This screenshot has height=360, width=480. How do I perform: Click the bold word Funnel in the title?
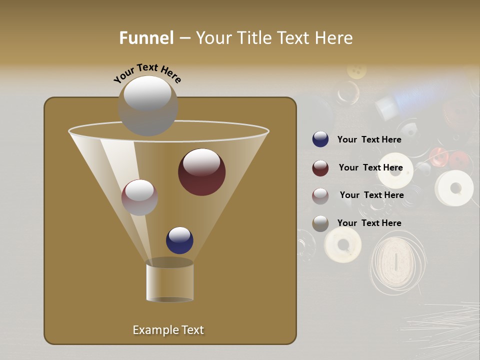[x=146, y=38]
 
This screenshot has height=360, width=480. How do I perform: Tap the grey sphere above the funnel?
[x=147, y=105]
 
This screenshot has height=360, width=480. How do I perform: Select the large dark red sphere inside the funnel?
[x=201, y=171]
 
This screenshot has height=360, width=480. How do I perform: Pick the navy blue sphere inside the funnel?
[x=179, y=240]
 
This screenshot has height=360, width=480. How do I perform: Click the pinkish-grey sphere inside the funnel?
[x=139, y=197]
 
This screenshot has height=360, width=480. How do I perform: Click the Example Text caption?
[x=168, y=330]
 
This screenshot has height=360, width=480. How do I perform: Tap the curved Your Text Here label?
[x=147, y=73]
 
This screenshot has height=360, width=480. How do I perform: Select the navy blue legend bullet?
[x=320, y=139]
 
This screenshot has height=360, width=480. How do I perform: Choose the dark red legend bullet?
[x=320, y=168]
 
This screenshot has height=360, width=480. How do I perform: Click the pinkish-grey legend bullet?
[x=320, y=196]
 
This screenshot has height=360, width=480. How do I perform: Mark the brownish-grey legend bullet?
[x=320, y=223]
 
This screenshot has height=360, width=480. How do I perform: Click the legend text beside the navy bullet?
[x=369, y=139]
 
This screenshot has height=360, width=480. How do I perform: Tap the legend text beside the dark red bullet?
[x=370, y=167]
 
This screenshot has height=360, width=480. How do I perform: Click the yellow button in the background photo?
[x=356, y=70]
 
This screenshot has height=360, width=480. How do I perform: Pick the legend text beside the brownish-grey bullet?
[x=369, y=223]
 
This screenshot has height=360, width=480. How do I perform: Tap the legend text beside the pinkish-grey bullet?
[x=371, y=195]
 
